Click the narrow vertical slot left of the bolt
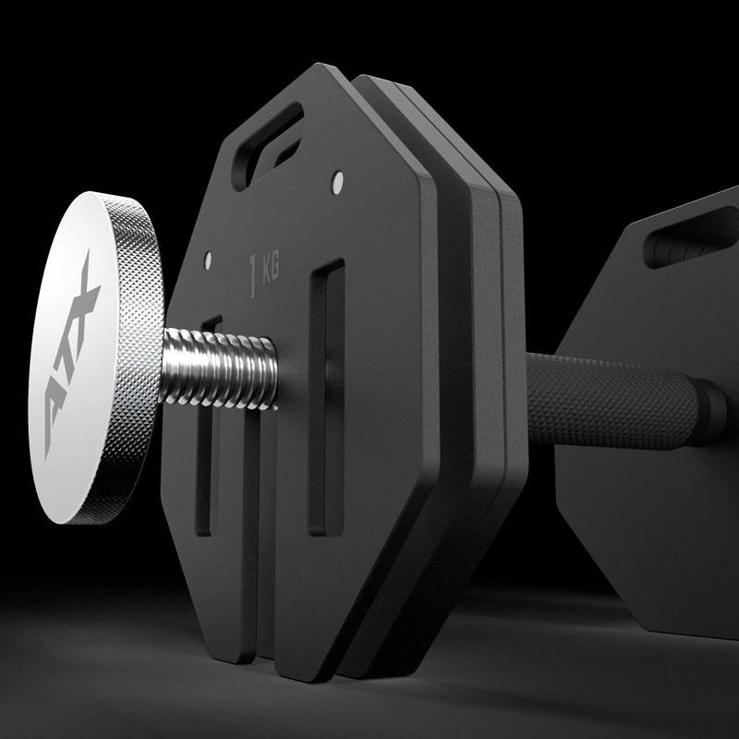click(x=208, y=443)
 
